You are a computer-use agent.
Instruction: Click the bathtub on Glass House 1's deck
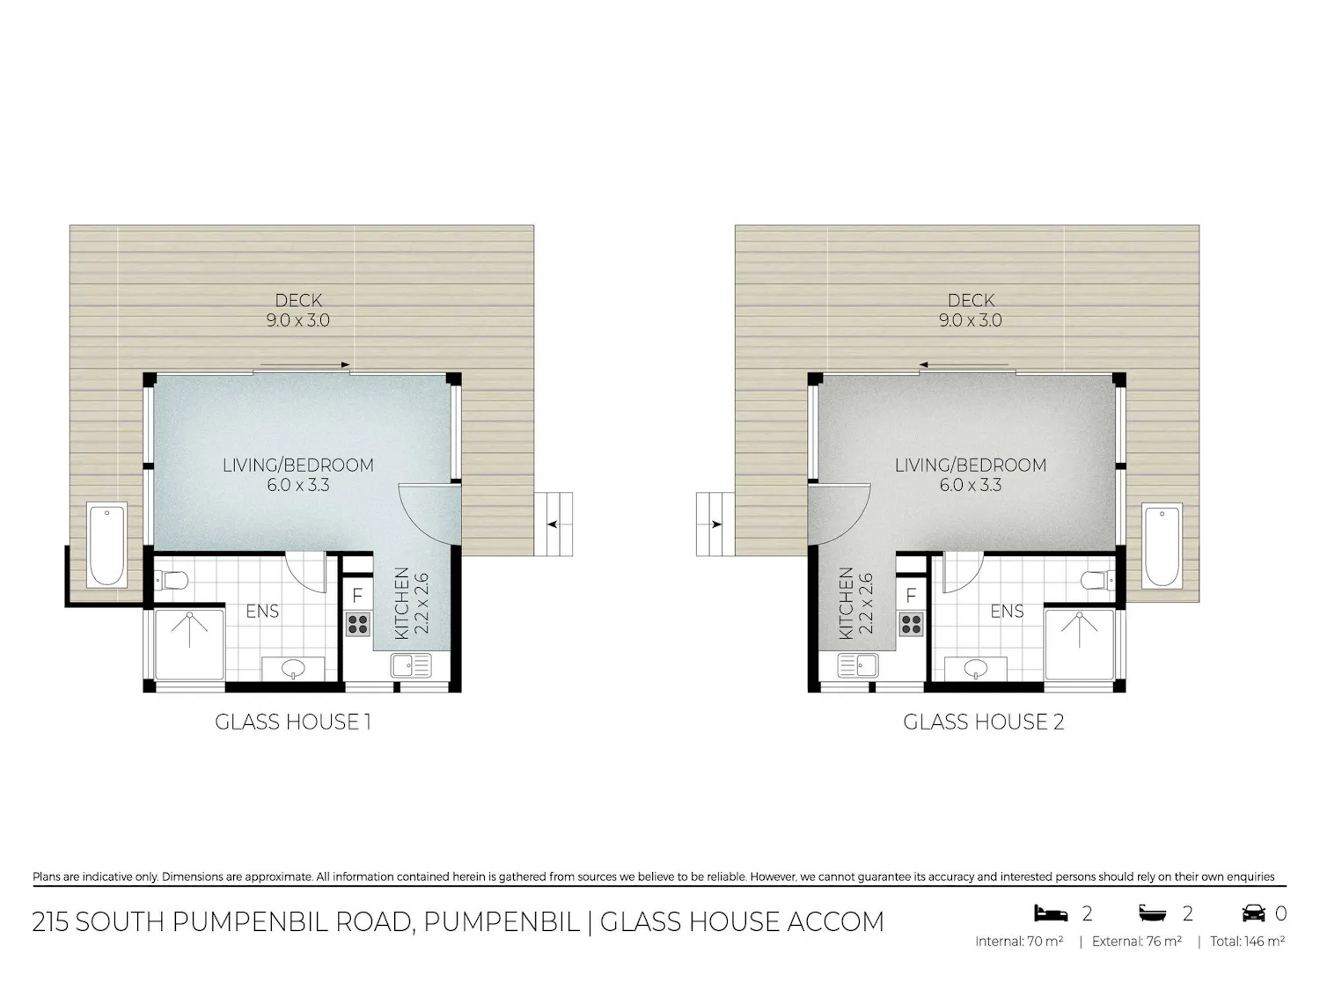tap(107, 546)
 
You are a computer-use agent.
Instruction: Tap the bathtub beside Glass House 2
tap(1162, 546)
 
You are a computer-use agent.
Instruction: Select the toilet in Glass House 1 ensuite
tap(171, 581)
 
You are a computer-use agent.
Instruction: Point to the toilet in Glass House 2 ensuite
tap(1098, 581)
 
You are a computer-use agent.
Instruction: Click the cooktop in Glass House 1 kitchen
tap(358, 624)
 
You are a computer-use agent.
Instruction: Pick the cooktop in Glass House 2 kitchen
tap(911, 624)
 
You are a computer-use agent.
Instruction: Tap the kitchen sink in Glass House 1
tap(411, 665)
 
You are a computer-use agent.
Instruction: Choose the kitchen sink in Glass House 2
tap(857, 665)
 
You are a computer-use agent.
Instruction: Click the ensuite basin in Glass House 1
tap(293, 669)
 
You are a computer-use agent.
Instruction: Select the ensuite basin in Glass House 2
tap(975, 669)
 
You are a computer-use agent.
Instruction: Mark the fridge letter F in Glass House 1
tap(357, 596)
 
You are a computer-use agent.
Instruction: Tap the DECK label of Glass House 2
tap(971, 300)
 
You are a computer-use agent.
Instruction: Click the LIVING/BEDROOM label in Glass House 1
tap(298, 466)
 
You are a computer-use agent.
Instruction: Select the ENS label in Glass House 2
tap(1007, 612)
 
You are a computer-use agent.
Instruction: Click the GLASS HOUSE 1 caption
tap(293, 722)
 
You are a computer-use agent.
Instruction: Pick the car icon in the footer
tap(1253, 913)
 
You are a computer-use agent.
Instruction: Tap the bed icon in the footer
tap(1051, 913)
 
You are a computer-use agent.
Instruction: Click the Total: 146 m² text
tap(1247, 942)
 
